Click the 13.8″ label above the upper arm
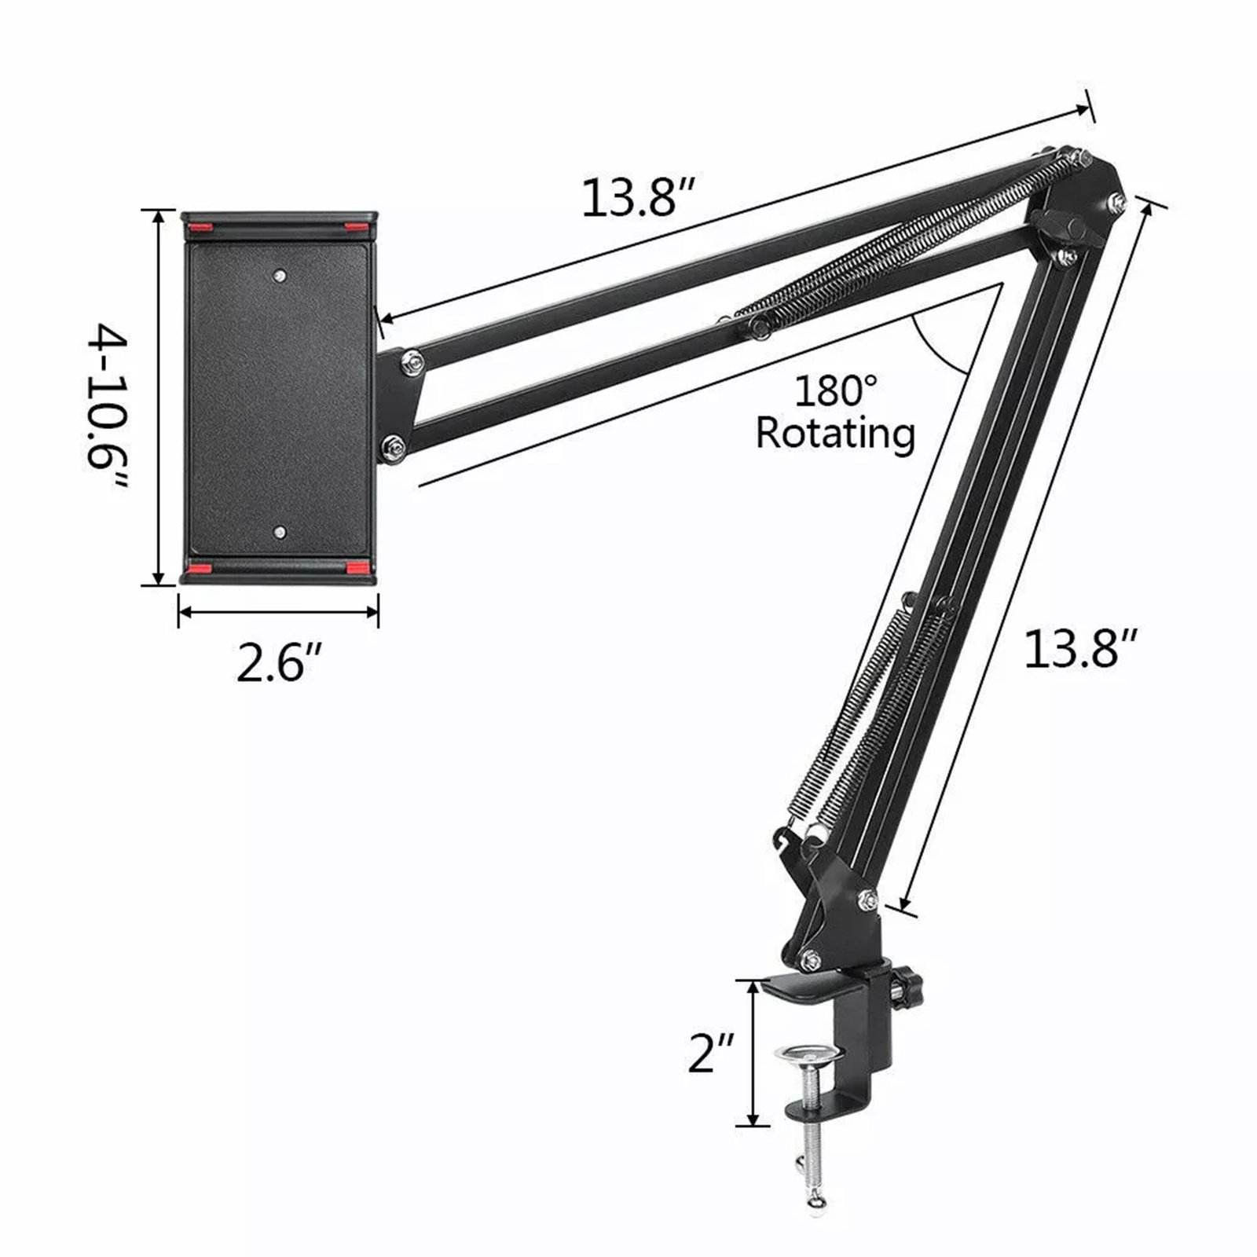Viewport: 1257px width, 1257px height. [639, 198]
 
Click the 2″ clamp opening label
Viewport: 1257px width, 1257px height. [711, 1053]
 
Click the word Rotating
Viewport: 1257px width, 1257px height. [836, 433]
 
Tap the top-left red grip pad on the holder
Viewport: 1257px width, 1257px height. [200, 229]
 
